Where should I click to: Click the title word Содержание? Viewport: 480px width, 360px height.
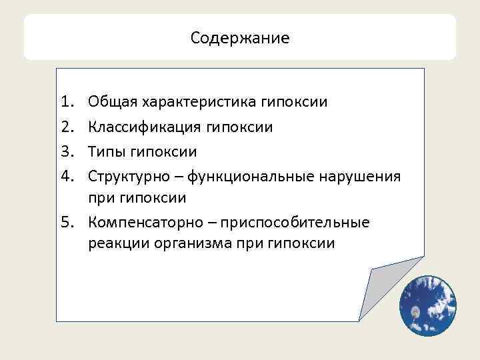click(240, 38)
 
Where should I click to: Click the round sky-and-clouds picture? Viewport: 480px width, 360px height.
click(427, 305)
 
